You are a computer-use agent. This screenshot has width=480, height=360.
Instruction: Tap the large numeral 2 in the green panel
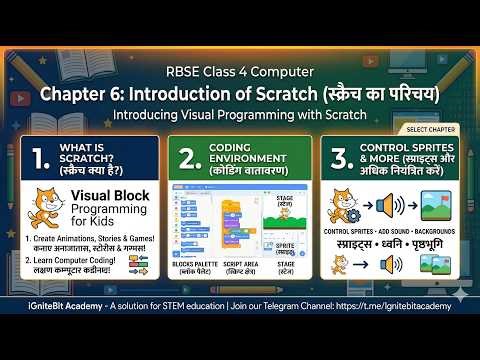[186, 159]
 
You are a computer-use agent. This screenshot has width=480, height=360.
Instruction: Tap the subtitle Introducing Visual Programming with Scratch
[240, 115]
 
